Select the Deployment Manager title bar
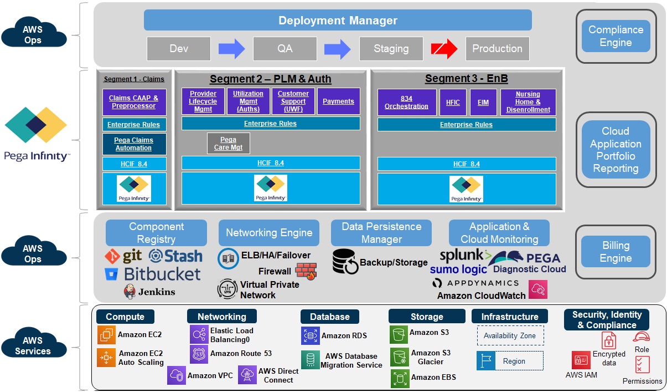tap(338, 21)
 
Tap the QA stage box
tap(285, 49)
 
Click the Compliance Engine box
tap(616, 37)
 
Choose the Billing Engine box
tap(616, 252)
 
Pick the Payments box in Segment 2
tap(338, 101)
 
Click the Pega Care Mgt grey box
tap(228, 143)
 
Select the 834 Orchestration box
tap(407, 102)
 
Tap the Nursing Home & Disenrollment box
tap(528, 102)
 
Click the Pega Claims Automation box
tap(133, 144)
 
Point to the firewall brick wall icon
tap(306, 271)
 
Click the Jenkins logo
tap(130, 292)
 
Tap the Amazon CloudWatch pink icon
tap(537, 289)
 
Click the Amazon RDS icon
tap(310, 335)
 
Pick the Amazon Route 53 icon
tap(199, 354)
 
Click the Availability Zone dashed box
tap(510, 335)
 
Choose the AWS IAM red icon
tap(581, 360)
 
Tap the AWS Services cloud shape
tap(33, 345)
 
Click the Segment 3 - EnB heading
tap(466, 79)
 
